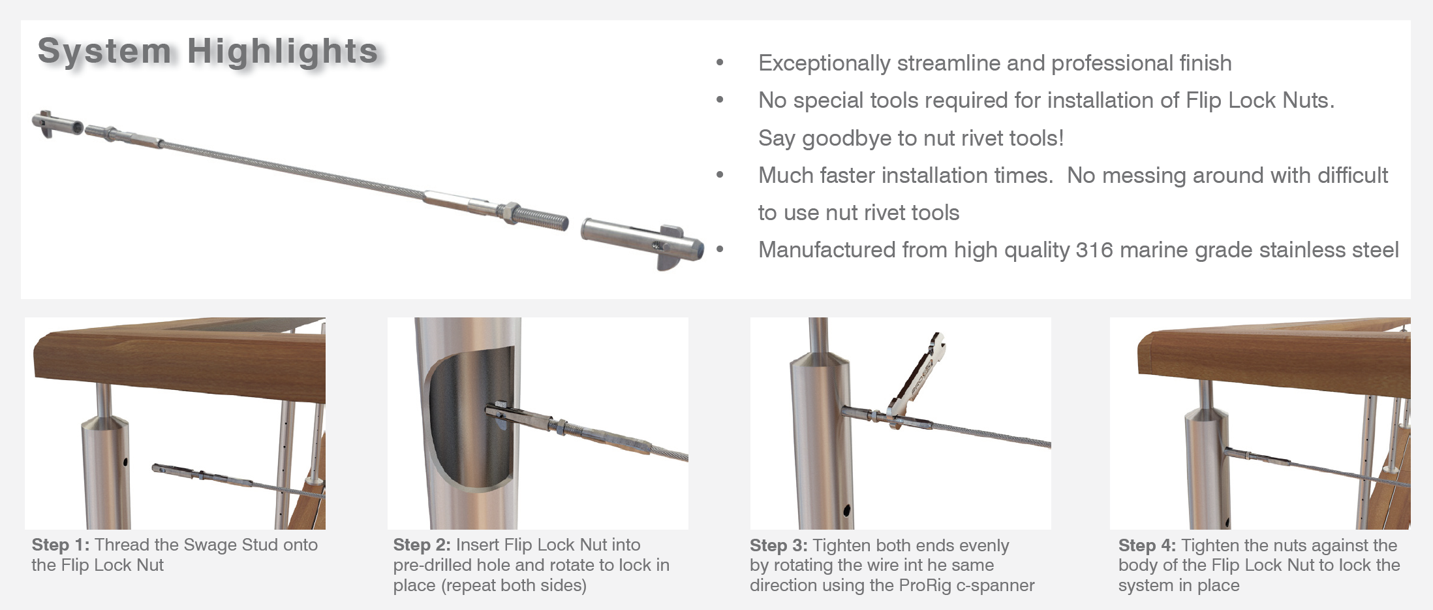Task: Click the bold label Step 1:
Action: pos(60,545)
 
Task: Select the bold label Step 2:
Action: pos(422,545)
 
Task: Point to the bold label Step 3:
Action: pos(778,545)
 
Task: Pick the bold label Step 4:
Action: pos(1147,545)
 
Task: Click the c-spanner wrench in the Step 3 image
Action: pos(917,382)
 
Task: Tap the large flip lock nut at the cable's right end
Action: pos(643,242)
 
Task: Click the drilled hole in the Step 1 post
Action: pos(125,462)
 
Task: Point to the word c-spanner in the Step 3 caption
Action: pos(995,586)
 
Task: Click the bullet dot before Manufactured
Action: pos(720,249)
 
